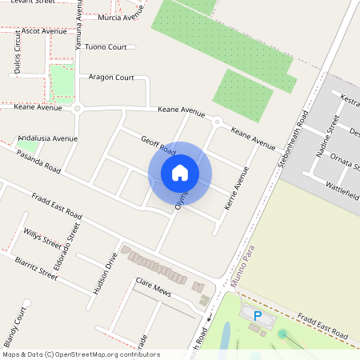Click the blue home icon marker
[180, 172]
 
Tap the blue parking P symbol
[258, 316]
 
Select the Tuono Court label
[106, 47]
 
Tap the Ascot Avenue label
[45, 31]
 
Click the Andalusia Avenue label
[47, 138]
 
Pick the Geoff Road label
[158, 146]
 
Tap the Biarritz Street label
[36, 267]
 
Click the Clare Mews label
[154, 284]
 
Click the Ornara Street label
[342, 162]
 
